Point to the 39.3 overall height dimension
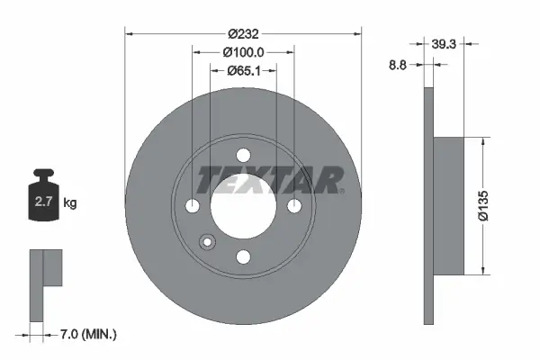click(x=441, y=42)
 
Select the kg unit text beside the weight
click(x=70, y=203)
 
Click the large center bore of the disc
click(x=243, y=207)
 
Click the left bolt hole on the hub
click(x=193, y=207)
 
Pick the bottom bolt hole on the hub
click(x=243, y=257)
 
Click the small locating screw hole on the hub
click(x=208, y=242)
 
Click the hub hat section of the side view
click(x=450, y=205)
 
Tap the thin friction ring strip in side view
click(x=428, y=205)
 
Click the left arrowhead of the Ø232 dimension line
click(x=128, y=33)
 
